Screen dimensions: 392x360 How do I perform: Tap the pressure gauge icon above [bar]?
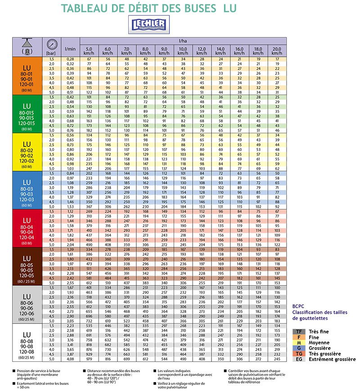pos(51,44)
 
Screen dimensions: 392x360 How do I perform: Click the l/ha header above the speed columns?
pos(183,41)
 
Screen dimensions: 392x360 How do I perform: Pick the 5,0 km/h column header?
pos(89,51)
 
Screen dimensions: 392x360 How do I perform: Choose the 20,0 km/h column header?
pos(277,51)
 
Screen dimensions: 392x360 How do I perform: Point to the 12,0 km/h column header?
pos(202,51)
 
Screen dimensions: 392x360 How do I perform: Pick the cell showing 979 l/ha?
pos(89,359)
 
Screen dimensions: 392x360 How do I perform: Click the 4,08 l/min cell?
pos(70,359)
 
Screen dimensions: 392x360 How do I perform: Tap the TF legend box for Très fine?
pos(298,332)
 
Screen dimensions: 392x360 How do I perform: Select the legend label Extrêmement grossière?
pos(333,359)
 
